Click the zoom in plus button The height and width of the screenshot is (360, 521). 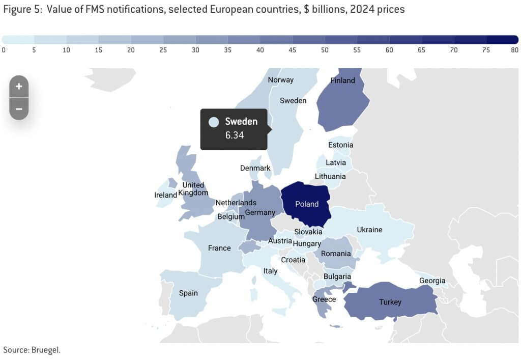click(19, 87)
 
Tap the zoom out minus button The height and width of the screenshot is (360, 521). click(19, 108)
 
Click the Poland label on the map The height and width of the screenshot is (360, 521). click(307, 204)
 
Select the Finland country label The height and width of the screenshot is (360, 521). click(342, 80)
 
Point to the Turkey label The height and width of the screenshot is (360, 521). click(390, 302)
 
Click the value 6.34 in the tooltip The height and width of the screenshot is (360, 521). click(235, 135)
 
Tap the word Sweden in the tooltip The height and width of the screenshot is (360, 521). click(241, 122)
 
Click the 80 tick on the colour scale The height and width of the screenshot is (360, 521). click(514, 50)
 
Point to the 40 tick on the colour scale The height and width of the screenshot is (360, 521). click(260, 50)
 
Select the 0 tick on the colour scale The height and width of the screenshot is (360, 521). click(4, 50)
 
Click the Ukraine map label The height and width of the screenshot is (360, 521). click(369, 230)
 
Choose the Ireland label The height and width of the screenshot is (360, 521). click(165, 195)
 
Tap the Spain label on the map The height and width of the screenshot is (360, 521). click(188, 293)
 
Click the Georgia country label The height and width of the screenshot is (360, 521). click(432, 281)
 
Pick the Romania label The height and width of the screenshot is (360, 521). click(336, 254)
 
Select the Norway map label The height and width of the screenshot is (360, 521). click(281, 80)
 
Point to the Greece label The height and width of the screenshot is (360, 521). click(324, 299)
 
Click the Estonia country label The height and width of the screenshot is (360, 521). click(340, 145)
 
